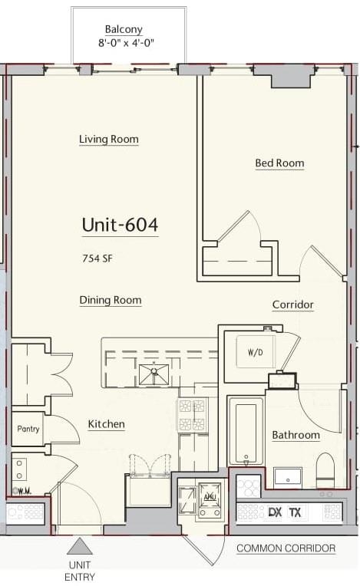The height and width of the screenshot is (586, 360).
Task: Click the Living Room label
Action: tap(109, 139)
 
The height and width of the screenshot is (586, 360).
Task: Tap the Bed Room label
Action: tap(279, 163)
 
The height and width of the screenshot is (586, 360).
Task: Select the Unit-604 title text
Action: tap(120, 225)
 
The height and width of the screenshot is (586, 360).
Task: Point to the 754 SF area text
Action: tap(97, 258)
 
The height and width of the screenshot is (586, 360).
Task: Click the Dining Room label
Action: tap(111, 300)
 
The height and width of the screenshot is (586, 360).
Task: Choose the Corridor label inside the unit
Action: tap(292, 305)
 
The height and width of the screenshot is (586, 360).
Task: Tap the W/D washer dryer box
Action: tap(256, 351)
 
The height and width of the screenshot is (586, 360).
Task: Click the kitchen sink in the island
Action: tap(154, 374)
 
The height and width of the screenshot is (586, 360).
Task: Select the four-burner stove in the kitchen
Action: tap(193, 415)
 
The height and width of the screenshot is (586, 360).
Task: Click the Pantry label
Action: tap(28, 429)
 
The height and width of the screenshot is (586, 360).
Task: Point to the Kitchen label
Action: tap(106, 424)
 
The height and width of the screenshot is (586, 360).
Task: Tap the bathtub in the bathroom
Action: tap(246, 432)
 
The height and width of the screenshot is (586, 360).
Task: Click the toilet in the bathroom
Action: tap(325, 470)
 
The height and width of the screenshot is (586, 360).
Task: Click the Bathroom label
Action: tap(296, 435)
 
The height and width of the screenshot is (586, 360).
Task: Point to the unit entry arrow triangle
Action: tap(80, 546)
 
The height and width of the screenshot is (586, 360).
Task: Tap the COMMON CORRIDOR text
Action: tap(286, 548)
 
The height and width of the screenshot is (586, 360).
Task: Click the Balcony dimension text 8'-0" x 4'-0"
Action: tap(126, 43)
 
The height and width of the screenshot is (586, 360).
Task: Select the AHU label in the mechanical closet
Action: tap(208, 498)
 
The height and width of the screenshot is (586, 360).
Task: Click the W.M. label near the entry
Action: tap(22, 491)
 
